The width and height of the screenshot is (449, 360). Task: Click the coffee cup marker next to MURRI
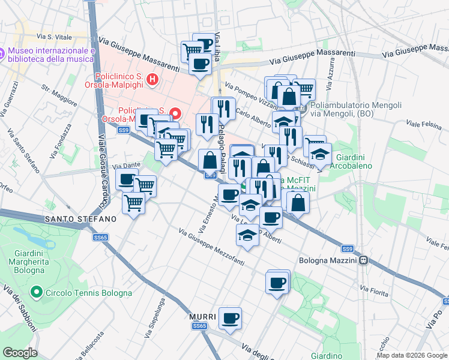pyautogui.click(x=229, y=318)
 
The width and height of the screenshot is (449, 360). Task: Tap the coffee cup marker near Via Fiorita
pyautogui.click(x=277, y=283)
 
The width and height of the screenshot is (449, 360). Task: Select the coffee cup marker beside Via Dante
pyautogui.click(x=127, y=179)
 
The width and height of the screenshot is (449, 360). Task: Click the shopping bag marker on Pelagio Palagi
pyautogui.click(x=209, y=160)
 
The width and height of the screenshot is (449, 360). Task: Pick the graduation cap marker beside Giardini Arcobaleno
pyautogui.click(x=321, y=155)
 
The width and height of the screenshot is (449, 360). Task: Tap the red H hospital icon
pyautogui.click(x=152, y=78)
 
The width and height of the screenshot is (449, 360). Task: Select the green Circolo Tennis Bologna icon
pyautogui.click(x=37, y=293)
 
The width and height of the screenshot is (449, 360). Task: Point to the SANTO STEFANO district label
pyautogui.click(x=80, y=220)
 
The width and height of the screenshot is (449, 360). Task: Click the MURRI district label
pyautogui.click(x=197, y=316)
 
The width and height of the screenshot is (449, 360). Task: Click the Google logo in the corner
pyautogui.click(x=20, y=353)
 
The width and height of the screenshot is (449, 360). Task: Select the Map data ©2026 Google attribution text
pyautogui.click(x=411, y=355)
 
